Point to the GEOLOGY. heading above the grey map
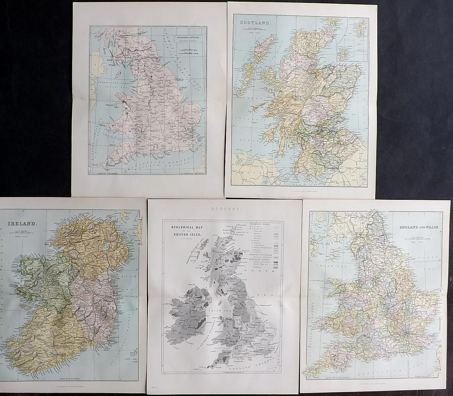click(224, 209)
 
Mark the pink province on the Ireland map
click(93, 301)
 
